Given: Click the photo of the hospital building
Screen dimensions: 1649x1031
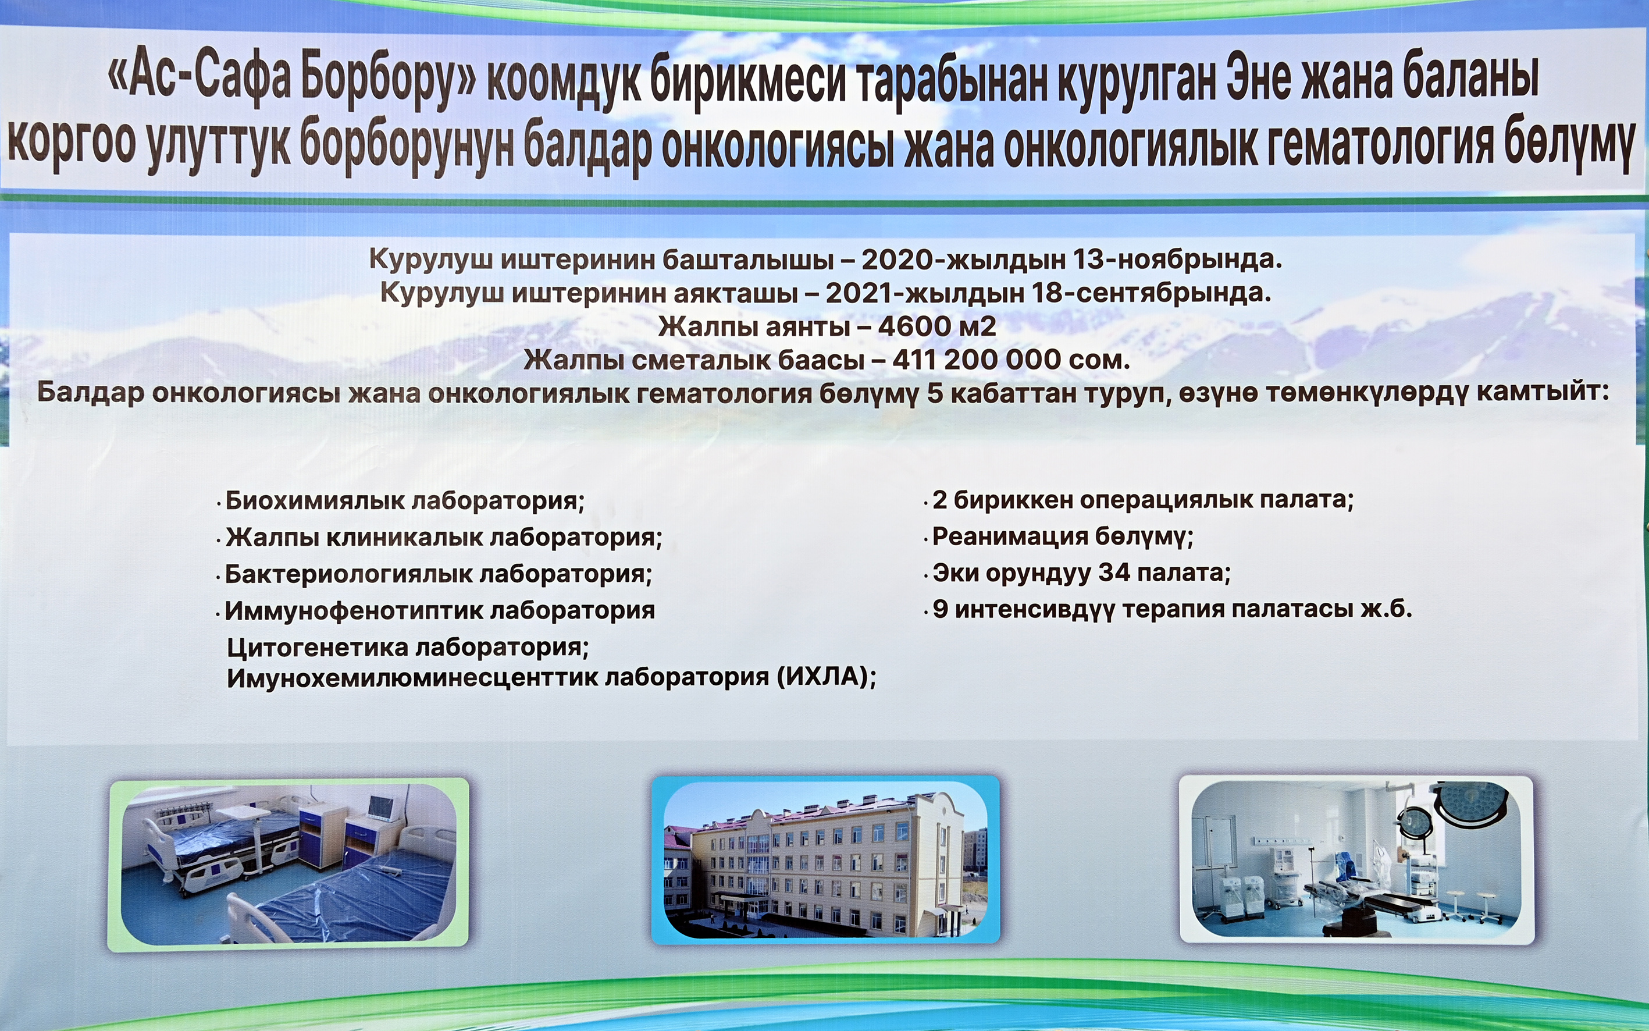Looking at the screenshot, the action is click(x=825, y=859).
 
